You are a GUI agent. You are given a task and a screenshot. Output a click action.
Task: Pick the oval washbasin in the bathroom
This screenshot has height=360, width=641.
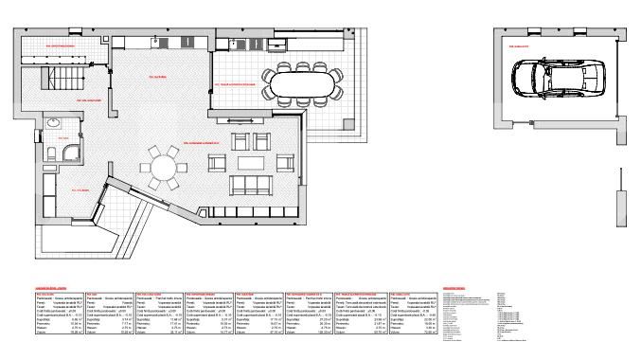(54, 122)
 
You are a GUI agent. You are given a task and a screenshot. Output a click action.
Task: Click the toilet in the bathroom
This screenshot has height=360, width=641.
(50, 144)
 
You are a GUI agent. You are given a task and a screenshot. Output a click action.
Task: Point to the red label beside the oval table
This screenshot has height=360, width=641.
(237, 83)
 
